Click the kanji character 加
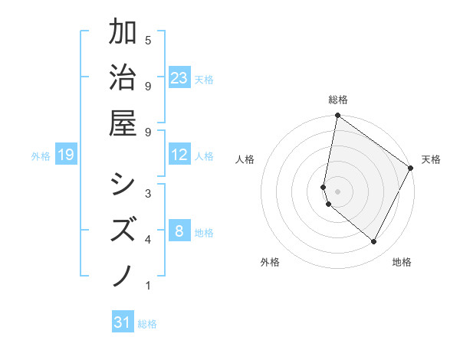(123, 33)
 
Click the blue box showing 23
(179, 78)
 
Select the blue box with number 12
(179, 155)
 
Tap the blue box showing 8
(179, 231)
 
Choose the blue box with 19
(65, 155)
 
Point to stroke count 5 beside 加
(148, 40)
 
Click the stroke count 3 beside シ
(148, 192)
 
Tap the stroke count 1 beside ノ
(148, 286)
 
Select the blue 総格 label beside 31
(147, 324)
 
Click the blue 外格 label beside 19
(41, 156)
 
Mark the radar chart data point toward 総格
(337, 116)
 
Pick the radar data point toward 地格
(374, 241)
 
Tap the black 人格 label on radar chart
(245, 159)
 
